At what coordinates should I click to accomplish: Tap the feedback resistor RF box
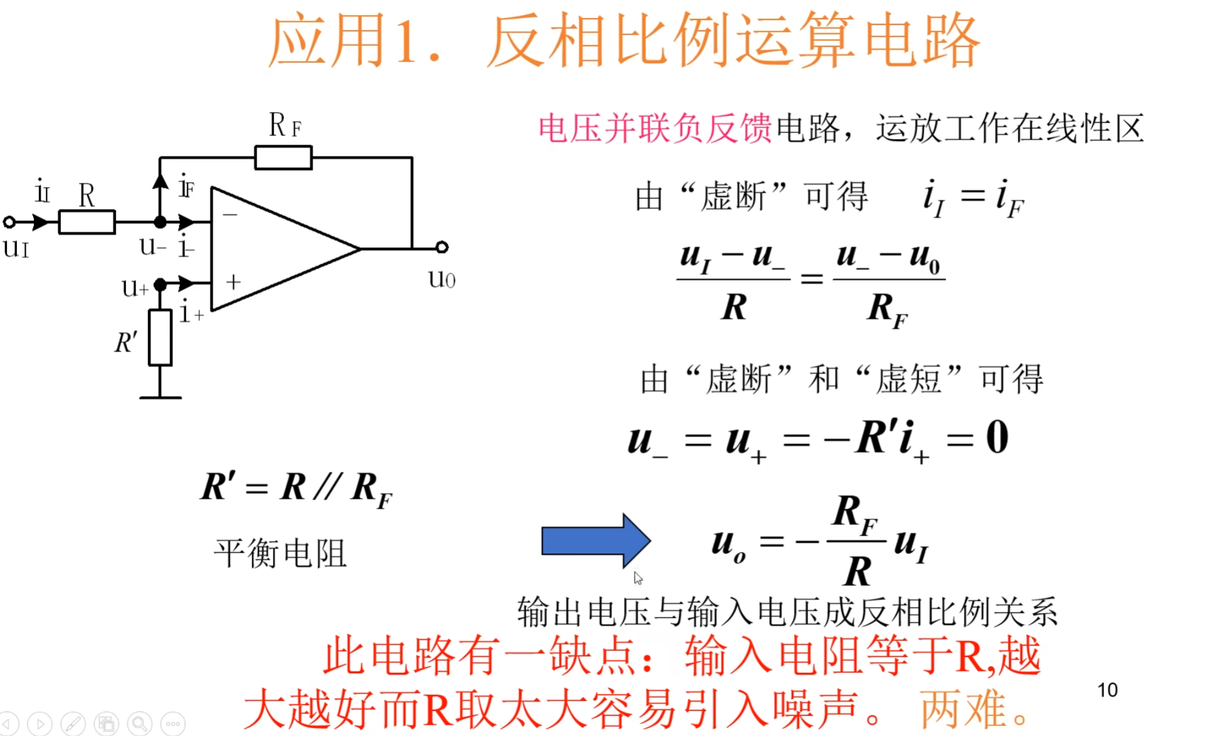coord(283,157)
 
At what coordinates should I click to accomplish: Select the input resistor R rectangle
coord(87,222)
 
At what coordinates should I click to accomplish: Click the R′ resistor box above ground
coord(160,338)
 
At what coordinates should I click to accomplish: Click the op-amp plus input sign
coord(233,282)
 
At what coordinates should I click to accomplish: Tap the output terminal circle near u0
coord(441,247)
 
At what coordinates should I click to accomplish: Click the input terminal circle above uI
coord(9,222)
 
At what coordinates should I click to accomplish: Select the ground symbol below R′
coord(161,397)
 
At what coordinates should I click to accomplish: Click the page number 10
coord(1107,690)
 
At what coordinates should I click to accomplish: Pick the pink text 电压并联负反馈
coord(655,129)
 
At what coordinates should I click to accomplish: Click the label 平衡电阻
coord(280,553)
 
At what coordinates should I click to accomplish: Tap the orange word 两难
coord(963,709)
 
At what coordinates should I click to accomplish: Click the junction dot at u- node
coord(160,222)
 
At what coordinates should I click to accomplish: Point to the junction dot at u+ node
coord(160,285)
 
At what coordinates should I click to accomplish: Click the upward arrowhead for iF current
coord(160,181)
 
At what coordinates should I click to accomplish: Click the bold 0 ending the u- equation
coord(997,437)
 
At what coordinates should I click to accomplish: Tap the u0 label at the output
coord(441,278)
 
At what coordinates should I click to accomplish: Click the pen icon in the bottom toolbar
coord(73,724)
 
